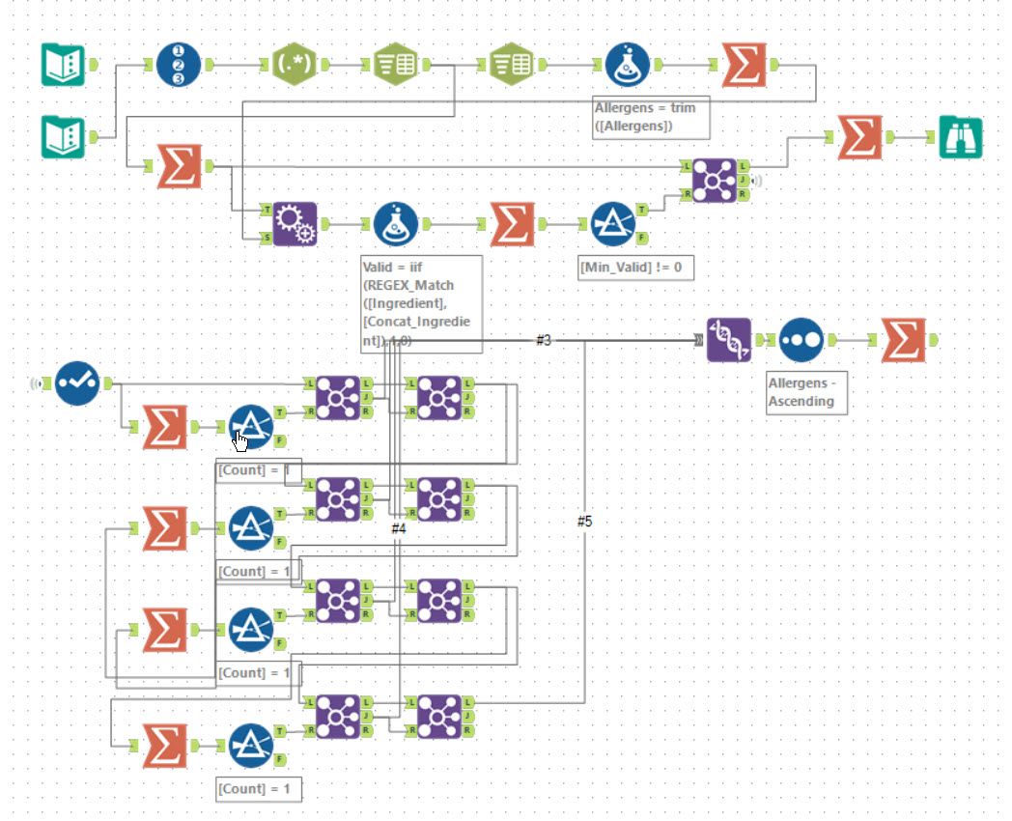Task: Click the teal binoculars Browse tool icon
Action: tap(961, 138)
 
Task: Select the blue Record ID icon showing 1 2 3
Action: tap(179, 65)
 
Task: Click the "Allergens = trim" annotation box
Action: tap(651, 117)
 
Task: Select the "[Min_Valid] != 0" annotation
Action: tap(636, 267)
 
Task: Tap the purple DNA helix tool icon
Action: tap(729, 340)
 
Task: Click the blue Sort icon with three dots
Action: tap(801, 340)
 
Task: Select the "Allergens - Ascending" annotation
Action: tap(806, 392)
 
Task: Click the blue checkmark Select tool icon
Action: tap(77, 382)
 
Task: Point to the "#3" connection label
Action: tap(544, 340)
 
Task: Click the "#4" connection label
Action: tap(399, 528)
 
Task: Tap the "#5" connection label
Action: tap(584, 522)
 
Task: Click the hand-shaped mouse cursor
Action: tap(240, 441)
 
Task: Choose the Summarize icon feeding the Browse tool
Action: tap(859, 137)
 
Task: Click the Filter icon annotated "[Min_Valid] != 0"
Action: tap(613, 224)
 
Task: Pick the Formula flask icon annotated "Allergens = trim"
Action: tap(629, 65)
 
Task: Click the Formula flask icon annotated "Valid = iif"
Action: tap(397, 224)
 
